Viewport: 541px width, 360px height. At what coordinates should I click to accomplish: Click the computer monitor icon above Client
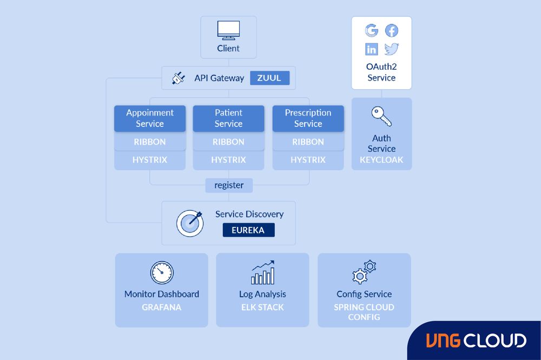pyautogui.click(x=228, y=30)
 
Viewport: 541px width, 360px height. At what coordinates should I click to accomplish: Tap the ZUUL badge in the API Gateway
pyautogui.click(x=269, y=78)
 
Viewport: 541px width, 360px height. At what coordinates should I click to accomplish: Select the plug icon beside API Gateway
pyautogui.click(x=179, y=78)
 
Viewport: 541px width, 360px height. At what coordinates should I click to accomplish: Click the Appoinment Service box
pyautogui.click(x=150, y=118)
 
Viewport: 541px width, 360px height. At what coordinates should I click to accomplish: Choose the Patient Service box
pyautogui.click(x=228, y=118)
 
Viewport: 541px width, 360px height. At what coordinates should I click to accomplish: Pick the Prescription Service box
pyautogui.click(x=308, y=118)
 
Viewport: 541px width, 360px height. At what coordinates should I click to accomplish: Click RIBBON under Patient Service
pyautogui.click(x=228, y=142)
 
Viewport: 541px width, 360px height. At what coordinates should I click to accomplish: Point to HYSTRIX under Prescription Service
pyautogui.click(x=308, y=160)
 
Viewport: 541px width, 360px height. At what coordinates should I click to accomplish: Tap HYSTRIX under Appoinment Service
pyautogui.click(x=150, y=160)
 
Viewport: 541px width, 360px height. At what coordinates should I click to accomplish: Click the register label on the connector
pyautogui.click(x=229, y=185)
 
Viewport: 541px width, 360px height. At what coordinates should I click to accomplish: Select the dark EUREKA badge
pyautogui.click(x=248, y=230)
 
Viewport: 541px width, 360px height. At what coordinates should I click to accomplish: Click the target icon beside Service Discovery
pyautogui.click(x=190, y=222)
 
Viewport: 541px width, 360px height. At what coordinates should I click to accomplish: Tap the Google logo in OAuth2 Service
pyautogui.click(x=372, y=31)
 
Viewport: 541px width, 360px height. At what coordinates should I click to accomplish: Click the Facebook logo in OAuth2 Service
pyautogui.click(x=391, y=31)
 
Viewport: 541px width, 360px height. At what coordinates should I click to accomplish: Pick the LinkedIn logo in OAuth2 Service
pyautogui.click(x=372, y=50)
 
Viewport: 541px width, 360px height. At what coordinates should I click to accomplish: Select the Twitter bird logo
pyautogui.click(x=392, y=50)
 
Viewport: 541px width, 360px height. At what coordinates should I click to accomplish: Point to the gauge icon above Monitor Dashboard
pyautogui.click(x=162, y=273)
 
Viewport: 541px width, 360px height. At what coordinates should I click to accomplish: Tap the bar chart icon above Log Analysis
pyautogui.click(x=262, y=272)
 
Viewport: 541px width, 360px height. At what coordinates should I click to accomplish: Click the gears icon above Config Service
pyautogui.click(x=364, y=272)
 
